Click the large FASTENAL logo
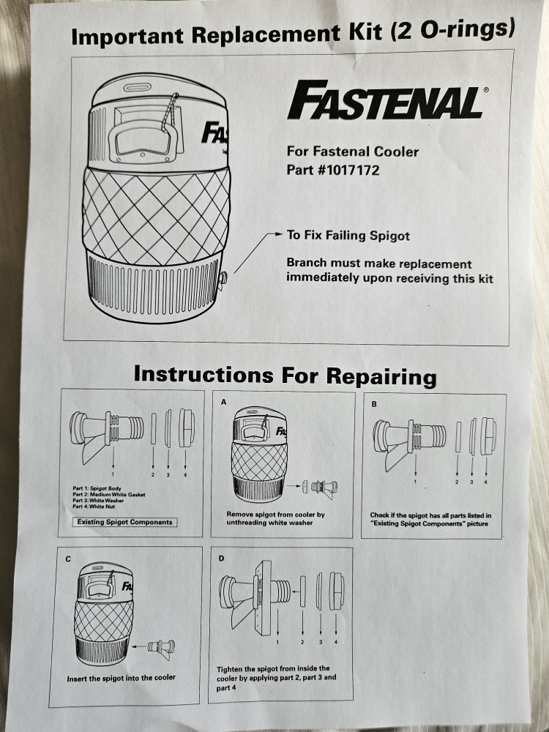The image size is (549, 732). coord(386,102)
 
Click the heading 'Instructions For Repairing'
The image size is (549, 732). coord(285,375)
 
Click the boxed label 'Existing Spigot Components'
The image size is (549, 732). coord(126,522)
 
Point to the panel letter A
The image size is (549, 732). coord(223,402)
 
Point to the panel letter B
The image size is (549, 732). coord(374,403)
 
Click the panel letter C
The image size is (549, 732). coord(67,559)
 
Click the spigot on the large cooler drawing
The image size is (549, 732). coord(224,277)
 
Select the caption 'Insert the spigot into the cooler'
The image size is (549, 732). coord(122,678)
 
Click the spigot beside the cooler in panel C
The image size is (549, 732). coord(161,646)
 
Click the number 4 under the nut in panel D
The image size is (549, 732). coord(336,642)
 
